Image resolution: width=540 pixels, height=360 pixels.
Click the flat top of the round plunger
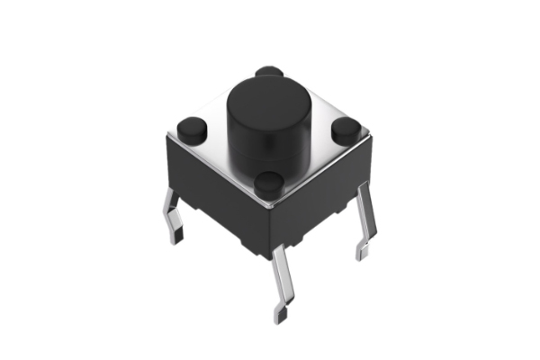click(268, 96)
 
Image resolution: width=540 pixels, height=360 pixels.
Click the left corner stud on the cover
click(190, 128)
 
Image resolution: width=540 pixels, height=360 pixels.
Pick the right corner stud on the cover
click(346, 130)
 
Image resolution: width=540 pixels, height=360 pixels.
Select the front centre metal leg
click(280, 279)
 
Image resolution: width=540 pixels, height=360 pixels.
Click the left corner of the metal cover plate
click(168, 135)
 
